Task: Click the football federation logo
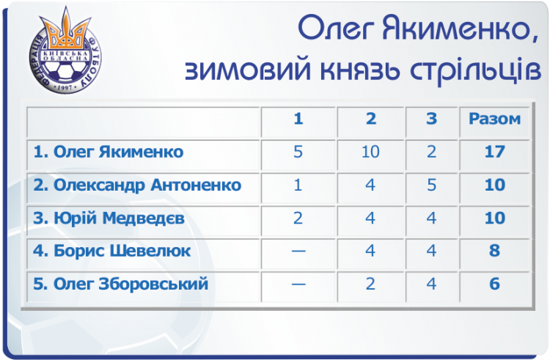(x=65, y=51)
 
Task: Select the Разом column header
(x=494, y=119)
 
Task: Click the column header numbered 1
(x=298, y=119)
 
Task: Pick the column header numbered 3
(x=431, y=119)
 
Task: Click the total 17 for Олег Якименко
(x=494, y=152)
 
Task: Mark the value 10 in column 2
(x=370, y=152)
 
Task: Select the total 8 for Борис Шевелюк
(x=494, y=251)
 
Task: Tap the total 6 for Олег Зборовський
(x=494, y=284)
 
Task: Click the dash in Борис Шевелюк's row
(x=298, y=251)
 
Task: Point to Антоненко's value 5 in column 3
(x=431, y=185)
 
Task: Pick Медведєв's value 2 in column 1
(x=298, y=218)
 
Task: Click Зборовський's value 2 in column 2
(x=370, y=284)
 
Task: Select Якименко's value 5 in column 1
(x=298, y=152)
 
